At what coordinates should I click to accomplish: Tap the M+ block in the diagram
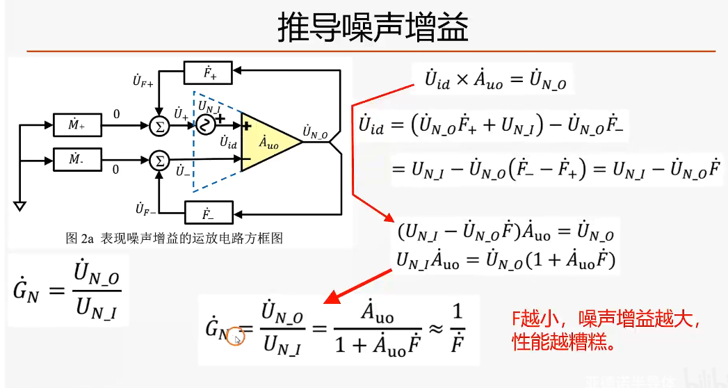(x=78, y=126)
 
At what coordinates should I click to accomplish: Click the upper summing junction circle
(x=160, y=125)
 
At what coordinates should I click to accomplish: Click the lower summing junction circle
(x=160, y=161)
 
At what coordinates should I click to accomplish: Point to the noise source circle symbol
(x=206, y=125)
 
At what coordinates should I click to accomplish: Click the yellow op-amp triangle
(x=267, y=143)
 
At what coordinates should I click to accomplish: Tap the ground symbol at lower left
(x=20, y=206)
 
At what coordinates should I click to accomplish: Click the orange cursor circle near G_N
(x=236, y=339)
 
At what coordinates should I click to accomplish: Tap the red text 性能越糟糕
(x=563, y=343)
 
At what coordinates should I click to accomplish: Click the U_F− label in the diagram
(x=143, y=208)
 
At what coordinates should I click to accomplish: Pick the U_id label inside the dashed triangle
(x=228, y=143)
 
